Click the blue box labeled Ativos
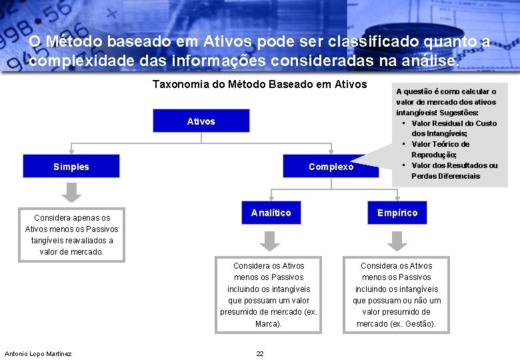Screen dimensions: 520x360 point(201,121)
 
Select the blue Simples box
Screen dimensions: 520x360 point(71,167)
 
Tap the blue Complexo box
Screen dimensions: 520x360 point(331,167)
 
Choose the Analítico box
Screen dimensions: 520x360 point(271,213)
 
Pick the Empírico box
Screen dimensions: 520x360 point(397,213)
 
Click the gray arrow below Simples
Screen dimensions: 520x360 point(71,193)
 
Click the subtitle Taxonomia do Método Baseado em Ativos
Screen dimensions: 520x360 point(259,85)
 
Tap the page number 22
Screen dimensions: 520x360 point(260,353)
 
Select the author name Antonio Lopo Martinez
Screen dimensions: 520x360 point(38,353)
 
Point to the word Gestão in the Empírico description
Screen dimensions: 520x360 point(421,324)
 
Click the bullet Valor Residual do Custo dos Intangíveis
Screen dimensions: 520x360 point(453,129)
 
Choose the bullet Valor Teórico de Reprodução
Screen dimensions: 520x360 point(440,149)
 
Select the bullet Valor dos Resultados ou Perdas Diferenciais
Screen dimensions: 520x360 point(453,171)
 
